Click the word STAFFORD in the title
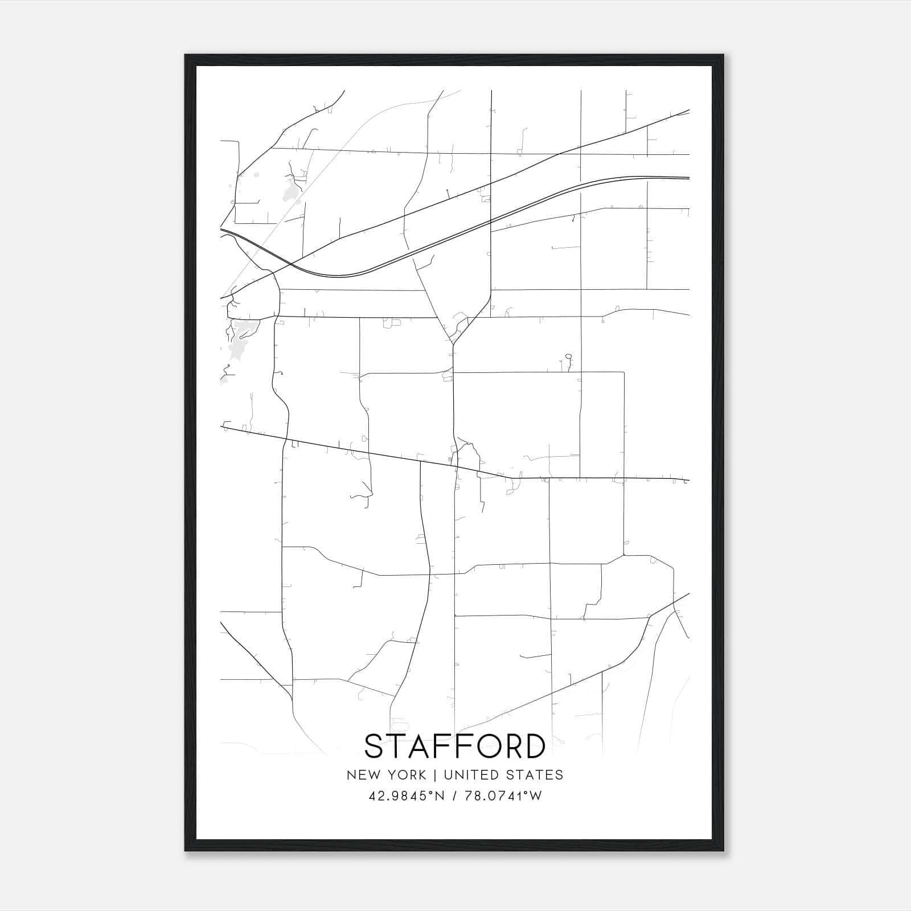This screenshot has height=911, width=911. pos(455,746)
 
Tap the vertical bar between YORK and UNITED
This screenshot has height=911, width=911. pos(434,775)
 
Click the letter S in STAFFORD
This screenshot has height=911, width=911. pos(376,746)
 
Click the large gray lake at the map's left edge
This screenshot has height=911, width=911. pos(240,340)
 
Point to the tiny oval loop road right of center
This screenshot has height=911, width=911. pos(568,357)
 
